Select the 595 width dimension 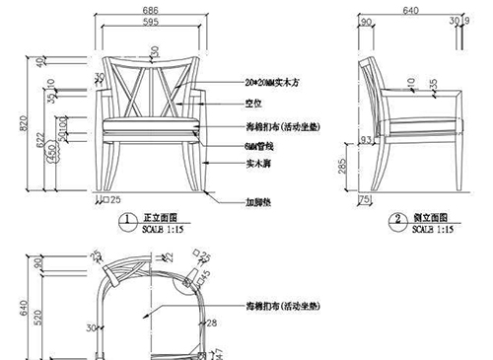tap(150, 21)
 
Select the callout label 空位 tap(253, 103)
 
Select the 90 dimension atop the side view tap(366, 21)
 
